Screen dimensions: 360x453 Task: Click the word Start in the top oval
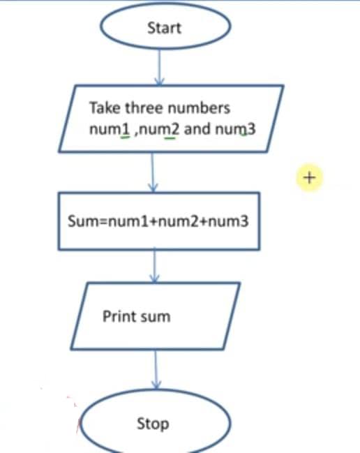(x=164, y=28)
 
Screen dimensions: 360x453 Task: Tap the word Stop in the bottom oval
(x=153, y=424)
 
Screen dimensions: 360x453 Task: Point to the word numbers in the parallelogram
(x=199, y=107)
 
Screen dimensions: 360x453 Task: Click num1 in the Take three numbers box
(x=110, y=129)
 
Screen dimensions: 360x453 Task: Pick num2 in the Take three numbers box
(x=159, y=129)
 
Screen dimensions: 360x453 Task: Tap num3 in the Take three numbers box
(x=236, y=129)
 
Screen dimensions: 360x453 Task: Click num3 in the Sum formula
(x=228, y=221)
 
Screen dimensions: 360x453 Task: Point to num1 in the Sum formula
(x=128, y=221)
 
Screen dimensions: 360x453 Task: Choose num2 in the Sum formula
(x=179, y=221)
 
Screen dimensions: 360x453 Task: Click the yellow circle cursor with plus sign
(x=310, y=178)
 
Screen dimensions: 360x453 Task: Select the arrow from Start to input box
(x=159, y=67)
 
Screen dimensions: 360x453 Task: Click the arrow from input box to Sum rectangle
(x=153, y=172)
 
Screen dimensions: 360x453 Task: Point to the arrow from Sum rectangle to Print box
(x=155, y=266)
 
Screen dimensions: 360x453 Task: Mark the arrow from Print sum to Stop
(x=156, y=370)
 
